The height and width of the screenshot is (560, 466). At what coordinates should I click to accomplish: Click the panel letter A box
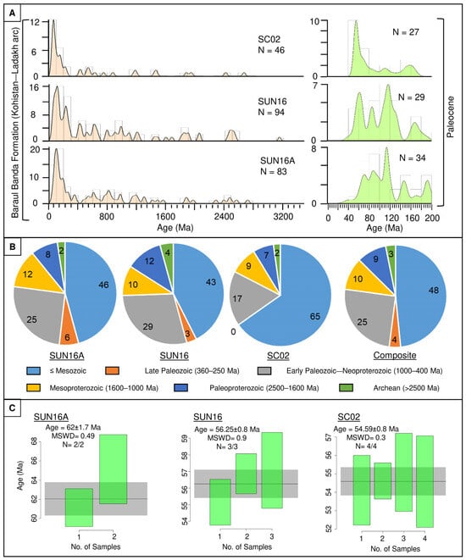coord(13,14)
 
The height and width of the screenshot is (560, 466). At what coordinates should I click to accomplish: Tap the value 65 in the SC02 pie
coord(314,316)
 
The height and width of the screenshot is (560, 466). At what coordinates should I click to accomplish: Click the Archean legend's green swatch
coord(346,388)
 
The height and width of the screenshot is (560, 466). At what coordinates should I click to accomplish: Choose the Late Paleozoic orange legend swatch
coord(113,371)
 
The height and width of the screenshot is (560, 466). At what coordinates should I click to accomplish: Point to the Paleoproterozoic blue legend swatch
coord(180,388)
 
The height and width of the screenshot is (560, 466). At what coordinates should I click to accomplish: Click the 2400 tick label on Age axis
coord(224,216)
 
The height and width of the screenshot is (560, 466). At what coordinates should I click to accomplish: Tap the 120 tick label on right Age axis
coord(391,218)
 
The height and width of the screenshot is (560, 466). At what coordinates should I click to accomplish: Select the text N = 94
coord(271,112)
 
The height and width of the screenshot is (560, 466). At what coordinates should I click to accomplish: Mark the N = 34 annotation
coord(413,158)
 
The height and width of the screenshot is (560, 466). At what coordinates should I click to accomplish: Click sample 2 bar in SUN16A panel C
coord(114,469)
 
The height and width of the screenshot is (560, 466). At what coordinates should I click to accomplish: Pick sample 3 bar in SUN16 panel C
coord(272,470)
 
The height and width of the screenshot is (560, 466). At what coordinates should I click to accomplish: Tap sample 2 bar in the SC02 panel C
coord(382,480)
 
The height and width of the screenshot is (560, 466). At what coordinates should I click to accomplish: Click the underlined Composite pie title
coord(395,355)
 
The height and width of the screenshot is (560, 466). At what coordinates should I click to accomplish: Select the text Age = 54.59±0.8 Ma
coord(366,429)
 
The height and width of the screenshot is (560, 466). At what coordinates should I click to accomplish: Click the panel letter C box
coord(13,408)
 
